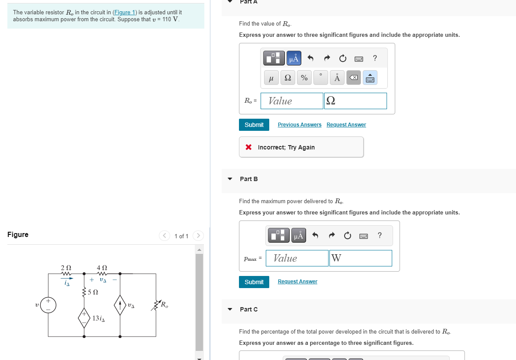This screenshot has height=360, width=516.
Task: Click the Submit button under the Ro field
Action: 254,125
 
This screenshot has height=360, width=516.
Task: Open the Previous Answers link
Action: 300,125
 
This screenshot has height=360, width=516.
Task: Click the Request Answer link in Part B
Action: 297,282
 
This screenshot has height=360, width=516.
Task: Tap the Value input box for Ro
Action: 292,101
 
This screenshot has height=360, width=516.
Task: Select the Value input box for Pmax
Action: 297,258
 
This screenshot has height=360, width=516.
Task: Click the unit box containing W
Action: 360,258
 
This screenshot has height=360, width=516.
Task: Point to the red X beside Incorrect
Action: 248,147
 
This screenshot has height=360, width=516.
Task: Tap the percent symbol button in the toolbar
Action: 304,78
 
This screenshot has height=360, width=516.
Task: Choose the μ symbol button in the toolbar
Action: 271,78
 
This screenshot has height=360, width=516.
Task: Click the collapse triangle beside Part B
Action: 230,179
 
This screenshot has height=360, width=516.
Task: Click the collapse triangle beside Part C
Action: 230,309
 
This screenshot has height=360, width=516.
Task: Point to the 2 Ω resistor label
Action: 66,268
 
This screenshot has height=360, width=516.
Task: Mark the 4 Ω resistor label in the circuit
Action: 102,268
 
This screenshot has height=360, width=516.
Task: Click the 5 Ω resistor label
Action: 93,292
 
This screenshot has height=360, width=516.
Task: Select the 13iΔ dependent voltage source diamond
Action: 84,318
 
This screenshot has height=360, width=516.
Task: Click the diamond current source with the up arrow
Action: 120,306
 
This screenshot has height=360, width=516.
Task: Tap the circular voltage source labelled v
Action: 48,305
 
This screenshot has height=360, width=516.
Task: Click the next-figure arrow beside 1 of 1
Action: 198,236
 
